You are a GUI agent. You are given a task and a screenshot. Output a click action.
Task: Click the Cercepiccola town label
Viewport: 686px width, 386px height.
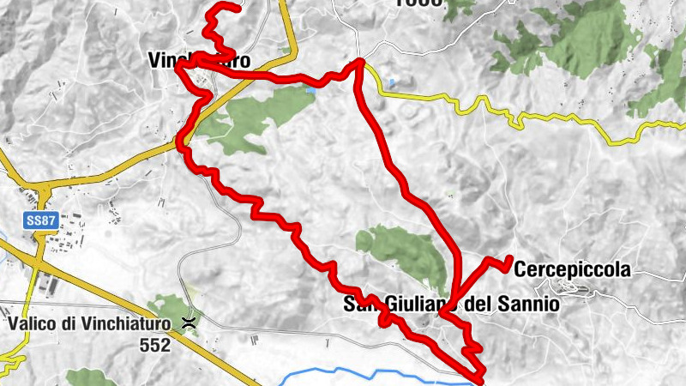point(573,269)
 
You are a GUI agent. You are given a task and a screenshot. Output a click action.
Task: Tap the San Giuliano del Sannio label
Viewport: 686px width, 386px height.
point(452,304)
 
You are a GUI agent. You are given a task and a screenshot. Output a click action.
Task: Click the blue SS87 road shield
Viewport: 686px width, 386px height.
point(38,220)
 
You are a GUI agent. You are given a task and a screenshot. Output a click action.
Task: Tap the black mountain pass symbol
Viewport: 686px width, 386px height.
point(188,323)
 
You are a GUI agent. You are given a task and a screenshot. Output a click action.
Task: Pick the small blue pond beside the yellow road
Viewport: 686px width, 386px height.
point(391,83)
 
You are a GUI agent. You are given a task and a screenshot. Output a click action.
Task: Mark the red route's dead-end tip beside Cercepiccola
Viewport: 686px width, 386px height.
point(510,258)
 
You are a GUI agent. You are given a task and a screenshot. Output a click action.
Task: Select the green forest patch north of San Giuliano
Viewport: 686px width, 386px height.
point(403,254)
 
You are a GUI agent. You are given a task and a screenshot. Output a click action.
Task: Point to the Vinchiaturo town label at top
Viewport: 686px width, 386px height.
point(198,61)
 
